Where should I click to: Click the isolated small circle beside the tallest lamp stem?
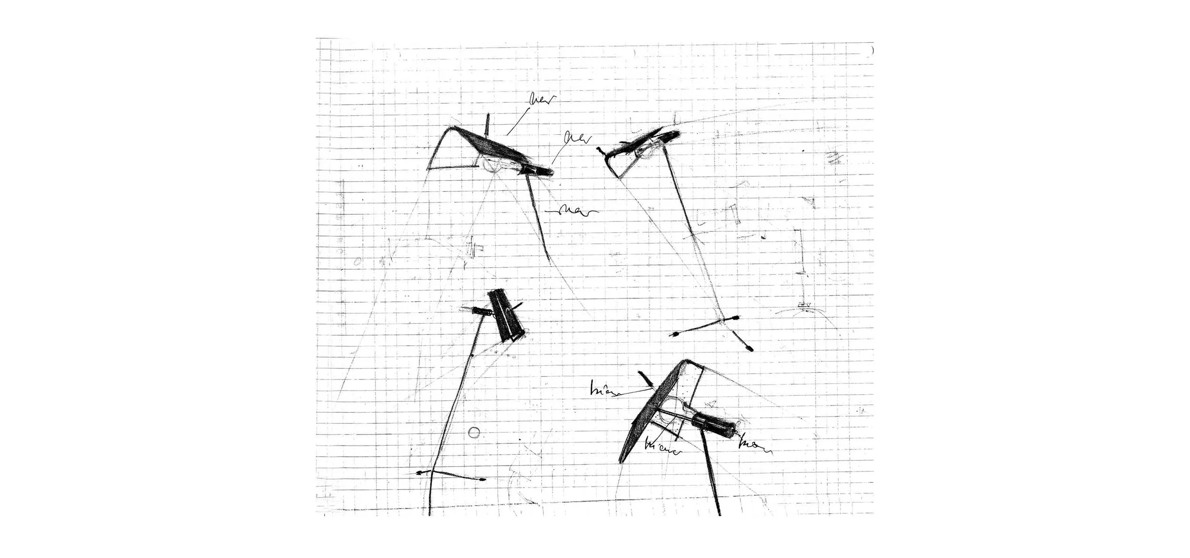(x=474, y=432)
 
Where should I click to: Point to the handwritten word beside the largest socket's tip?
(x=754, y=447)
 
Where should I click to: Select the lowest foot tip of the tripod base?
(x=750, y=349)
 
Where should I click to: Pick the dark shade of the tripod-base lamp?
(x=640, y=143)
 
